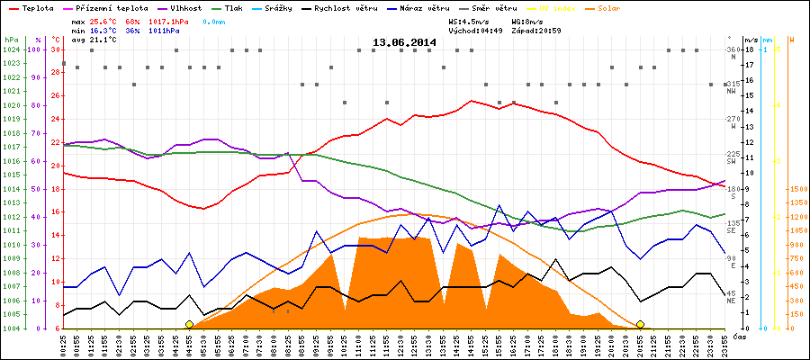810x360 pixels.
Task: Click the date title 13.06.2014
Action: [x=404, y=42]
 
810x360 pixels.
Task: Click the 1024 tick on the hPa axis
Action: [x=11, y=49]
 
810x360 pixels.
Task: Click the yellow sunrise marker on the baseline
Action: [x=189, y=324]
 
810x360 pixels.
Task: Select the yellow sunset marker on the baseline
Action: [x=640, y=324]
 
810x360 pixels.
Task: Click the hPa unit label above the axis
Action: [x=10, y=40]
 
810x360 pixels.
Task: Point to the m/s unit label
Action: [x=751, y=40]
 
